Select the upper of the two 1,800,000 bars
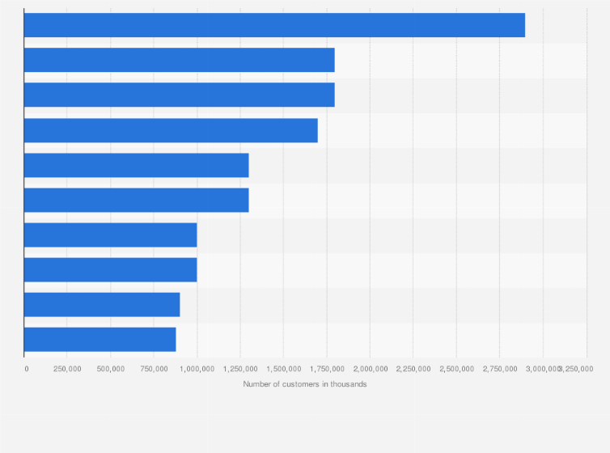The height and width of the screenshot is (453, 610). point(179,60)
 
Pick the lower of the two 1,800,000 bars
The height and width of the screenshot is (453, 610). point(179,95)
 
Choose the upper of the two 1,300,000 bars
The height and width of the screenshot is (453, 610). point(136,165)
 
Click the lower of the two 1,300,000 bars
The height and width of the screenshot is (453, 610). point(136,200)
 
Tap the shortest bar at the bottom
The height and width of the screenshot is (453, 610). point(100,340)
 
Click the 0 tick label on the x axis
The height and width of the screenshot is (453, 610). point(27,368)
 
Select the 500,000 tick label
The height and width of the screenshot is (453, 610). point(111,368)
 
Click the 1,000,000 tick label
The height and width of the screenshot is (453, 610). point(197,368)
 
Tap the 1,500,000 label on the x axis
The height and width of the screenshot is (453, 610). point(283,368)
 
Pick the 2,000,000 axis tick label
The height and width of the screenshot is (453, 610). point(370,368)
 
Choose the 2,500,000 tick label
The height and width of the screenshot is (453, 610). point(456,368)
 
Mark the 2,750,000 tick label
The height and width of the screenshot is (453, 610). point(499,368)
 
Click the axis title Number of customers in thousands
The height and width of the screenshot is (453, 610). point(305,383)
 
